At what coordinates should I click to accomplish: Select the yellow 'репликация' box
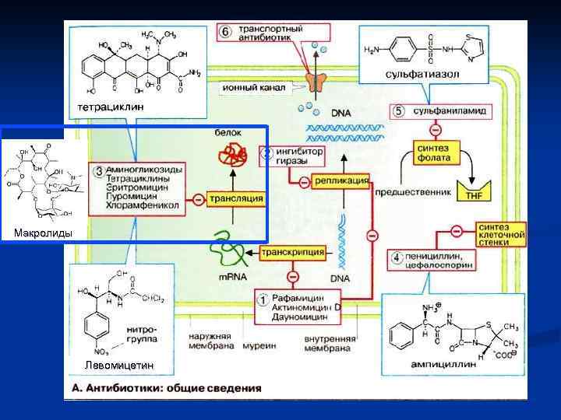340,180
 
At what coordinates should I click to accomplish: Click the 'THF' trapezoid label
474,195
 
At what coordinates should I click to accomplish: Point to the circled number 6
224,32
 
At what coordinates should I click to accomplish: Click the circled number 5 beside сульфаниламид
398,111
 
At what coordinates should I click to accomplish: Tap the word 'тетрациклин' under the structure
110,105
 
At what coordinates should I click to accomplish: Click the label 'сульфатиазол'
422,74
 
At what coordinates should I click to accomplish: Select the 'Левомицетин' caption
118,365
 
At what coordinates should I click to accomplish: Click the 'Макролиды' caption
44,233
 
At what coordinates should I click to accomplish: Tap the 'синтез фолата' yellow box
434,152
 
